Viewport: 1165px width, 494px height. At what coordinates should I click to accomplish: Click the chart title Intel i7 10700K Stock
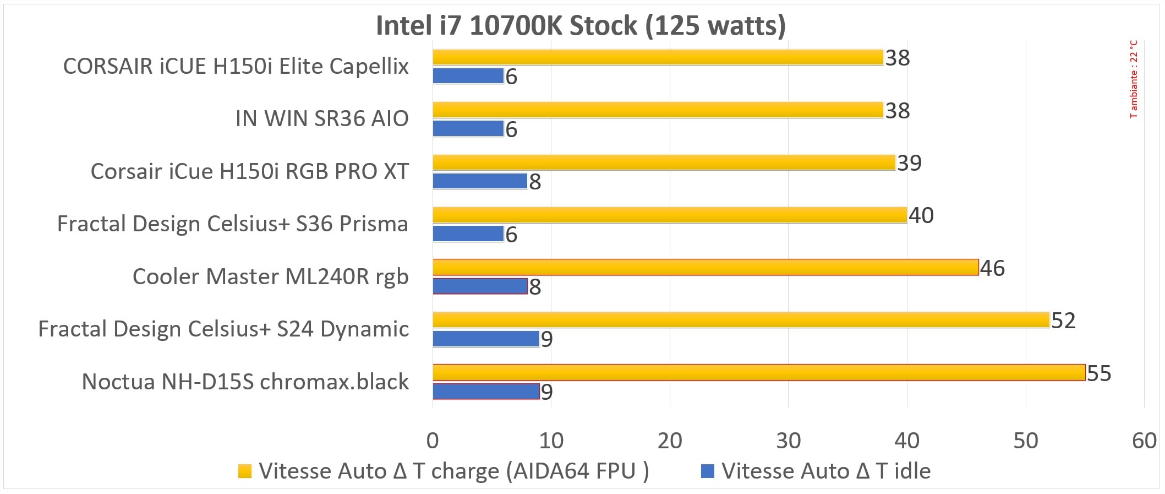[581, 26]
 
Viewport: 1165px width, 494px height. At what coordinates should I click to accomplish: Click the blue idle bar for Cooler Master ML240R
[480, 286]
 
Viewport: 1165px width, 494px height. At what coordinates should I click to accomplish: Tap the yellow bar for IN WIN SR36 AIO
[658, 110]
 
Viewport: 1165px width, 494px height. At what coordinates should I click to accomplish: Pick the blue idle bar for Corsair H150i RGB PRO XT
[480, 181]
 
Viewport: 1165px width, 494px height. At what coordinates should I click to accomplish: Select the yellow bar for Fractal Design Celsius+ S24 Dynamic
[741, 320]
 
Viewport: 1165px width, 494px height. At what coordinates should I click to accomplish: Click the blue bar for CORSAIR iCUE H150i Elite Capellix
[468, 76]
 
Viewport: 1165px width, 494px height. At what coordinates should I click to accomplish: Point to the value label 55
[1099, 374]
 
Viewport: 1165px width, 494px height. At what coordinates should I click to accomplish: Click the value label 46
[992, 268]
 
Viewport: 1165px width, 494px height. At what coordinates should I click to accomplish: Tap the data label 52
[1063, 321]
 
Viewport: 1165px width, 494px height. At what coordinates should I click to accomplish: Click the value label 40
[921, 215]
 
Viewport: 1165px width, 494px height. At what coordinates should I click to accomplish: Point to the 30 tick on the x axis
[788, 441]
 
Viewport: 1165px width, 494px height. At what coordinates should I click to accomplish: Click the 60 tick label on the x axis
[1144, 441]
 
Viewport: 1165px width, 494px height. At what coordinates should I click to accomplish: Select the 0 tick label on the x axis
[433, 441]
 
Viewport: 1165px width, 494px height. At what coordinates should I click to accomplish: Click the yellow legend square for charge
[245, 471]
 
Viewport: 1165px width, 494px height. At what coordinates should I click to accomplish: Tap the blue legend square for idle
[708, 471]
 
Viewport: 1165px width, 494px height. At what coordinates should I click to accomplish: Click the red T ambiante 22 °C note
[1133, 79]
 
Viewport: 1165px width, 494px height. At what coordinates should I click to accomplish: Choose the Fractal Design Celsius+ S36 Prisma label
[233, 224]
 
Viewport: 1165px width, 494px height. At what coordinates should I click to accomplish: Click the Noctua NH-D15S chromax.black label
[245, 382]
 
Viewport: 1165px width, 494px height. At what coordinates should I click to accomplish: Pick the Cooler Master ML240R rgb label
[270, 276]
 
